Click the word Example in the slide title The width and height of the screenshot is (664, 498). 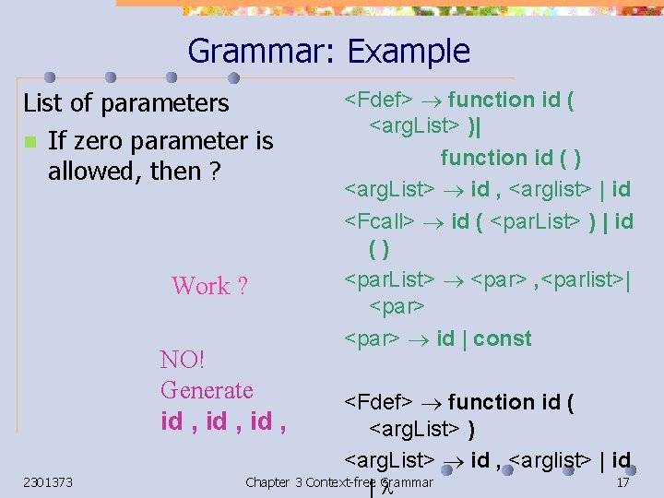409,51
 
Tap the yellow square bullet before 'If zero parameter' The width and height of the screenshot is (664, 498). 30,142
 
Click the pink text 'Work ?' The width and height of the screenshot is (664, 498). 209,286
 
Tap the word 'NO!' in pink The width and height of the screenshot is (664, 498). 181,359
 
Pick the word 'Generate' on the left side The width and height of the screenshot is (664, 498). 206,389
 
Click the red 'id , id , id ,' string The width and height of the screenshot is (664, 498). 222,421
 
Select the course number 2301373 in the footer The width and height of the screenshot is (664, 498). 49,482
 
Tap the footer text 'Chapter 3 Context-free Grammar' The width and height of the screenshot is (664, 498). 339,482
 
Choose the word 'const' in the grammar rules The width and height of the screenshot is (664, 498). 503,338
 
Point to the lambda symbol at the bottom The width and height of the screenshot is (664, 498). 388,488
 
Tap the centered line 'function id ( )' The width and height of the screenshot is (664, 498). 510,158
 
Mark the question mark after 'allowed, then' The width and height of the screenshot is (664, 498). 213,171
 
